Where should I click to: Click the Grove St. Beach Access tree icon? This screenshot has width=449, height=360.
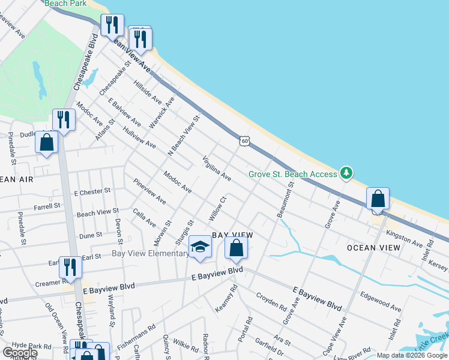(346, 173)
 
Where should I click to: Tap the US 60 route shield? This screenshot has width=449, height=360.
(244, 140)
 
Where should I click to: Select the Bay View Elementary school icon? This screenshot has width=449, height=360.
(200, 247)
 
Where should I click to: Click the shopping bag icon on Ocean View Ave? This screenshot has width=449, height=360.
(378, 199)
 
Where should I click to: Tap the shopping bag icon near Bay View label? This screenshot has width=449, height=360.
(237, 248)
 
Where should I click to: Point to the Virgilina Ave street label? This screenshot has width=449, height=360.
(217, 169)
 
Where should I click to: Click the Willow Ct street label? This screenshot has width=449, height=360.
(217, 208)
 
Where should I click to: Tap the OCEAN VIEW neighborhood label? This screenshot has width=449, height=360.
(373, 248)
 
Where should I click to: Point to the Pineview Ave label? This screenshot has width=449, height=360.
(149, 191)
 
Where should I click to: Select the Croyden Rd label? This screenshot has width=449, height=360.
(271, 301)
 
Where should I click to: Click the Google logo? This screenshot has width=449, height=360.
(19, 352)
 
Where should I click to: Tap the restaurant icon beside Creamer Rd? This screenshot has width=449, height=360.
(70, 268)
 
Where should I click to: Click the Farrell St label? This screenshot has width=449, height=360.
(47, 205)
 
